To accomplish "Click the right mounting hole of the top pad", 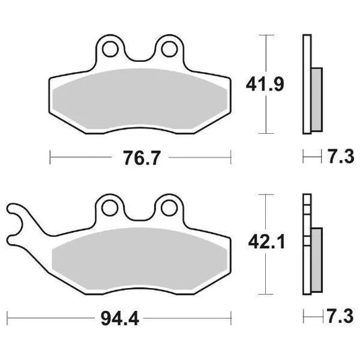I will (166, 48).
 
